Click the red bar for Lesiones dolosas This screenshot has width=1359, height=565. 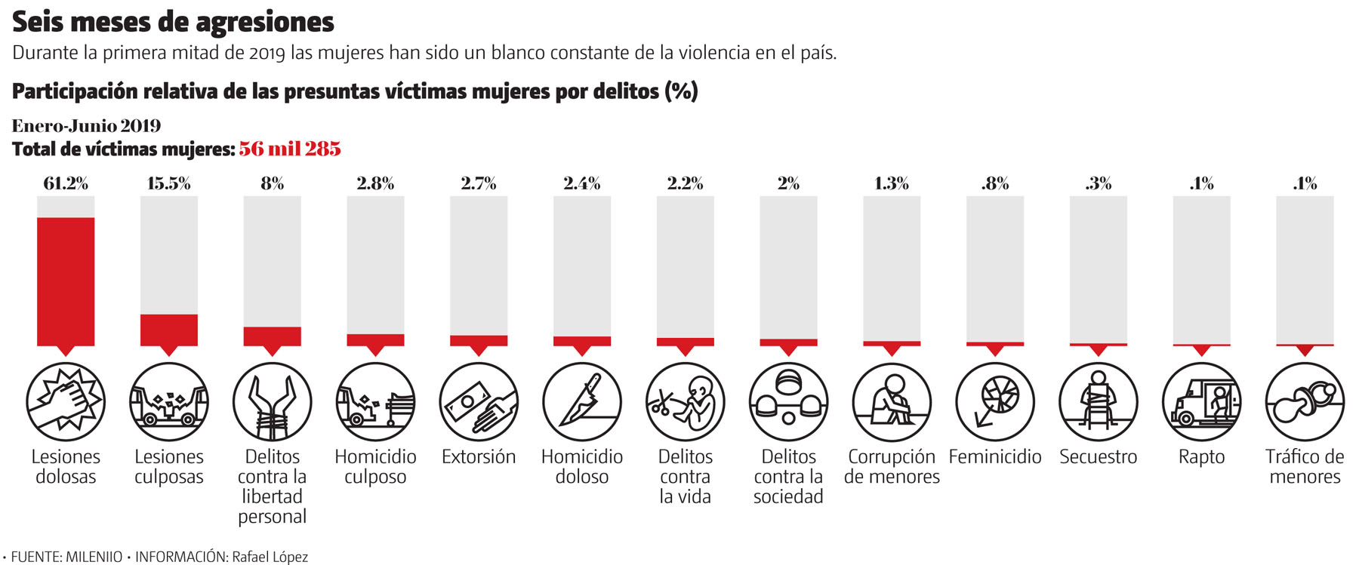(x=66, y=281)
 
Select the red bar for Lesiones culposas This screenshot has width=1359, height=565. (x=169, y=330)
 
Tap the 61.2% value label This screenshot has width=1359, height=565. (x=66, y=183)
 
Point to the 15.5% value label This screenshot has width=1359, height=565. (x=169, y=183)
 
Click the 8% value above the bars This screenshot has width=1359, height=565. (x=272, y=183)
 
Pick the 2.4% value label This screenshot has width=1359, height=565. (x=581, y=183)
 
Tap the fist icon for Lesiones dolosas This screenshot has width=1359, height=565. (x=66, y=401)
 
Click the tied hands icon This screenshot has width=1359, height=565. (x=272, y=401)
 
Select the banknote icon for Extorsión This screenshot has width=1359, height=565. (x=479, y=401)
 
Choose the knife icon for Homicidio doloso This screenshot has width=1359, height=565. (x=581, y=401)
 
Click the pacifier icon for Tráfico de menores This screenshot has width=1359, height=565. (x=1305, y=401)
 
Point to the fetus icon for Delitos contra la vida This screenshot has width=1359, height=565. (x=685, y=401)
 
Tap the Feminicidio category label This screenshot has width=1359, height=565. (x=994, y=457)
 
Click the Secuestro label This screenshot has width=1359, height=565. (x=1098, y=457)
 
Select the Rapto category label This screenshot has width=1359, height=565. (x=1201, y=457)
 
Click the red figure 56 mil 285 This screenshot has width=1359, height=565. (x=290, y=149)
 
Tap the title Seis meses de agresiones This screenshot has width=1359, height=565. (x=173, y=22)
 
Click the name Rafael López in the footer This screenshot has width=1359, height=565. (x=270, y=557)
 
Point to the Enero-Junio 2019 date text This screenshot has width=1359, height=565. (x=87, y=125)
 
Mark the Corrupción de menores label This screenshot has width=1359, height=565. (x=892, y=466)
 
